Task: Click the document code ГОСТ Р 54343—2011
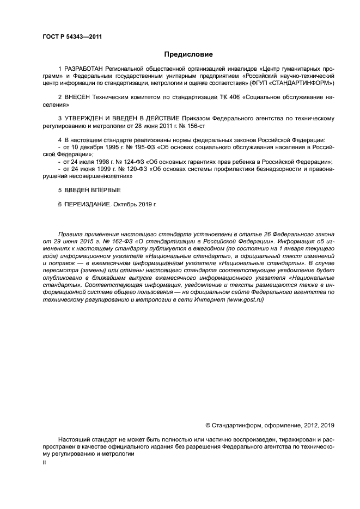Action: click(72, 37)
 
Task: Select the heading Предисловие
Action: click(188, 54)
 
